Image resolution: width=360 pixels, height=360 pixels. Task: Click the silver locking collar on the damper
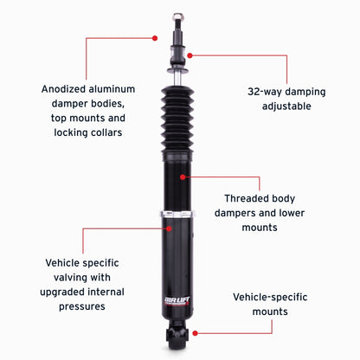179,213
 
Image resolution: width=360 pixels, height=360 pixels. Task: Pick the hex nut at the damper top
179,16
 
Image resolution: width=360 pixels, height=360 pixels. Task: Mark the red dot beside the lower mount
196,332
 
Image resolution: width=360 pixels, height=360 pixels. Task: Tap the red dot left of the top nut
155,38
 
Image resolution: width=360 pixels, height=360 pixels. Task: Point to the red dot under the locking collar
168,228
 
